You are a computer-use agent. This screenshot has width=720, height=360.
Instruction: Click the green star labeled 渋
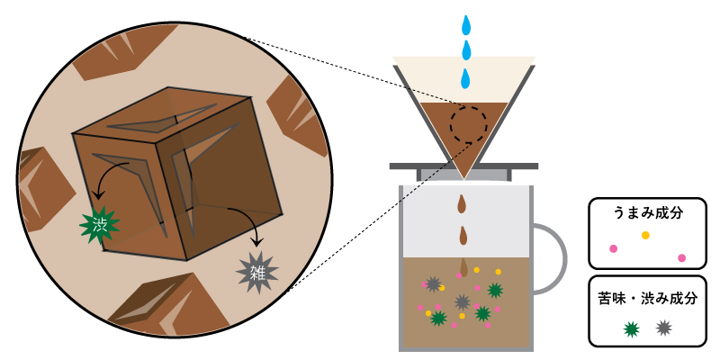point(100,224)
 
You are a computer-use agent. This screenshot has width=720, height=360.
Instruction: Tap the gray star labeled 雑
point(257,273)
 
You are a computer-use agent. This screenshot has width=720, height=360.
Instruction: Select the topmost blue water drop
point(466,26)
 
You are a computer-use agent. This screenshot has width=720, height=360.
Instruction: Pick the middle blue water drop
point(466,50)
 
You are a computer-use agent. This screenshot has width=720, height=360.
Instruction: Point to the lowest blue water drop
point(466,79)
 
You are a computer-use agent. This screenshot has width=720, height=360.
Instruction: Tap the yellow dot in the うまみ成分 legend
point(645,235)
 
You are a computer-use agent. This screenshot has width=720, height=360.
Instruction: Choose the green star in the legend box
point(632,328)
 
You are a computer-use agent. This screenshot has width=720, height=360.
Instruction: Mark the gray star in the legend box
point(663,328)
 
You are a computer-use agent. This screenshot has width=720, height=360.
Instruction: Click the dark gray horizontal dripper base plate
point(463,166)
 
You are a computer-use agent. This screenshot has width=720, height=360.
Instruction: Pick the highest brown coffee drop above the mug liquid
point(463,204)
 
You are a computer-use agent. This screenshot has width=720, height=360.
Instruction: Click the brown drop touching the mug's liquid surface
point(463,267)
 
